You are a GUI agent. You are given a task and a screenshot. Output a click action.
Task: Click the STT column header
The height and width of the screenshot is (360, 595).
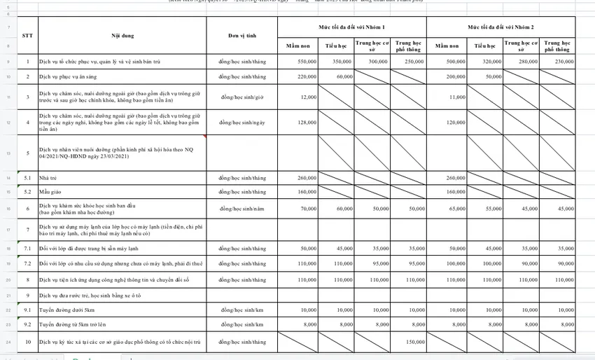pos(27,35)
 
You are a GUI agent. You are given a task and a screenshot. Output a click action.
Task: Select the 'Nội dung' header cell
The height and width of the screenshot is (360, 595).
pos(122,35)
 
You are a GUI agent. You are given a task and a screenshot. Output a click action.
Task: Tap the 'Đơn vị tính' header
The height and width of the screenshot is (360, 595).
pos(242,35)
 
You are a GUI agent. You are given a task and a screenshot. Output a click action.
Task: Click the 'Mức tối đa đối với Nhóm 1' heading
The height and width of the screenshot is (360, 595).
pos(351,26)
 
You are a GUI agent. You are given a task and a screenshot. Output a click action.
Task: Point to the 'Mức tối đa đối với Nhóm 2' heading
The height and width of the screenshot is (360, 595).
pos(501,26)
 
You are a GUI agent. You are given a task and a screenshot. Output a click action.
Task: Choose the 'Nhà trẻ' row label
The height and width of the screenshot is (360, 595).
pos(48,178)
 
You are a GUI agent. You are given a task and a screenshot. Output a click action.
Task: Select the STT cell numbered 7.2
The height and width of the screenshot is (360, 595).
pos(27,263)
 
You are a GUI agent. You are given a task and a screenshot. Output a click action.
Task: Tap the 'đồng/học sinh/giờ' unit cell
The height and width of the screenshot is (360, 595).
pos(242,97)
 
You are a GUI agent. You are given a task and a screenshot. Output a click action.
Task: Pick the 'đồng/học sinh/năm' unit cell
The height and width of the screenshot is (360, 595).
pos(242,209)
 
